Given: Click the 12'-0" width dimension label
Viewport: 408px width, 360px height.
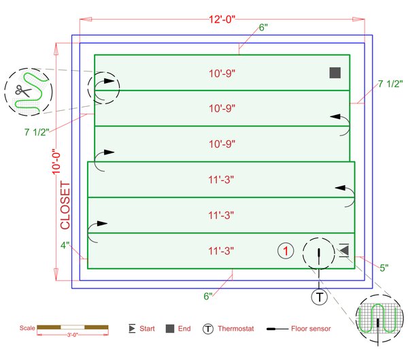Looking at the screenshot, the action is pos(222,19).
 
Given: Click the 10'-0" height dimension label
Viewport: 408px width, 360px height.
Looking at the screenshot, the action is pos(56,161).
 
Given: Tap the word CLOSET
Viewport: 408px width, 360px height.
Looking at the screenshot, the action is pos(65,206).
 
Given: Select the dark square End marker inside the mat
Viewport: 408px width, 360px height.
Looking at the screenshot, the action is pos(335,73).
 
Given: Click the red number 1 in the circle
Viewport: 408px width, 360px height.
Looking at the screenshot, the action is pos(286,251).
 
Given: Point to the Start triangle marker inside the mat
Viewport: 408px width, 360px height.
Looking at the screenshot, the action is pos(344,250).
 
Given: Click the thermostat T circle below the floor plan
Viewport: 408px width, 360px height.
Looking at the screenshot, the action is pos(320,297).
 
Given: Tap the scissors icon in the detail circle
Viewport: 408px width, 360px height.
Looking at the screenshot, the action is pos(23,91).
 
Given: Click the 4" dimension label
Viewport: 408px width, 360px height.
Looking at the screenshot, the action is pos(65,245).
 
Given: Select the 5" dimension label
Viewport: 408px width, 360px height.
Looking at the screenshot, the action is pos(384,267).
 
